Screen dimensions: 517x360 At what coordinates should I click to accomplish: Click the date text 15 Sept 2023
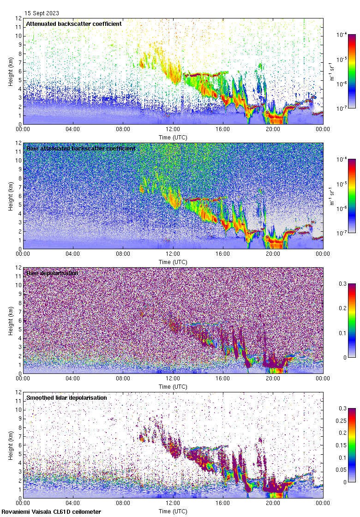[42, 13]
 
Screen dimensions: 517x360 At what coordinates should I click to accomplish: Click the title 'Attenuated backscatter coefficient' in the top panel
[74, 24]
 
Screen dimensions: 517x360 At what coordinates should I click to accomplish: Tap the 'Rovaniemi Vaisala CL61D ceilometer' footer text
[51, 511]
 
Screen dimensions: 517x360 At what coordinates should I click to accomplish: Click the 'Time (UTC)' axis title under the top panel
[173, 137]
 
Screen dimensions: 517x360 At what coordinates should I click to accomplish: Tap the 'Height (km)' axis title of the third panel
[11, 320]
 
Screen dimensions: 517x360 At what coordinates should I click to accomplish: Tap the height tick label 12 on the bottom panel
[18, 392]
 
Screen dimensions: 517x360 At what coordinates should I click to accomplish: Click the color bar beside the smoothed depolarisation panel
[352, 445]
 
